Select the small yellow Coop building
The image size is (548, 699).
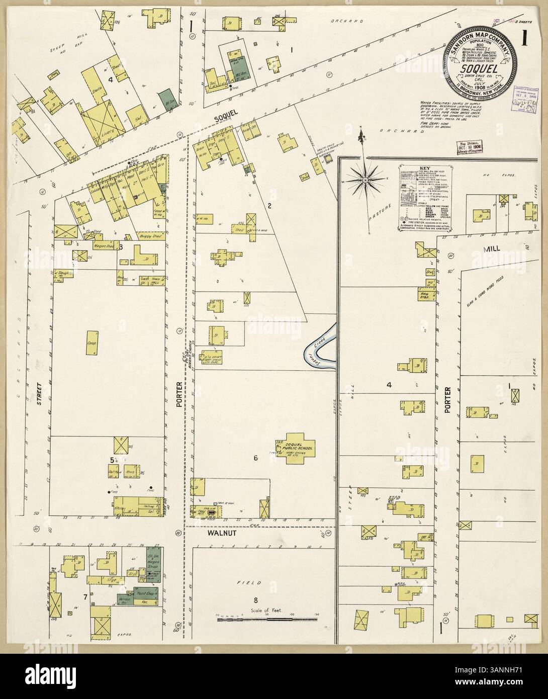click(x=92, y=343)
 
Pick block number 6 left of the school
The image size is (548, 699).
click(x=255, y=458)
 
